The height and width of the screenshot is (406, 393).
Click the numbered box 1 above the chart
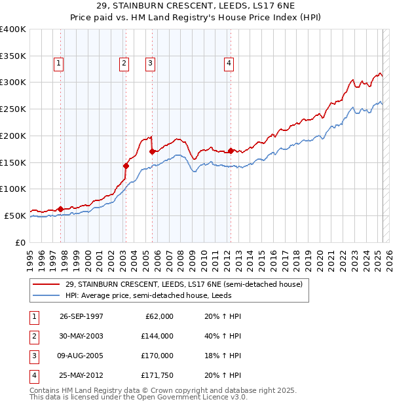[x=59, y=64]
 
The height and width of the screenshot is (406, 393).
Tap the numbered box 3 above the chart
[x=151, y=64]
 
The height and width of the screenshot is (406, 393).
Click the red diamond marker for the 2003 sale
[x=125, y=166]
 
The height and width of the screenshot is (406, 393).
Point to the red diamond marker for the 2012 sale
[x=231, y=151]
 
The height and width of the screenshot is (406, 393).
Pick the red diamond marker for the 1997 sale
[x=60, y=210]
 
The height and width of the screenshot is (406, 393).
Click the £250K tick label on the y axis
[x=13, y=109]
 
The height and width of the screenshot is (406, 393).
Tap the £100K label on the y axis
[x=13, y=189]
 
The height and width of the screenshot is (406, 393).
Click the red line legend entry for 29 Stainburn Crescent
[x=183, y=284]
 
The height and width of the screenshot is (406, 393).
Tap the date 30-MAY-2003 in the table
[x=81, y=336]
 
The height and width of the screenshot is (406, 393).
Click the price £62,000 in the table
[x=159, y=316]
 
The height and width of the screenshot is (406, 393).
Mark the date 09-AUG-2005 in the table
[x=81, y=356]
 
